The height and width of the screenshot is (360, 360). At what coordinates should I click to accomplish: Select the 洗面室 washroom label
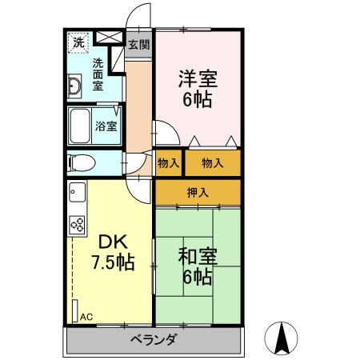coord(98,74)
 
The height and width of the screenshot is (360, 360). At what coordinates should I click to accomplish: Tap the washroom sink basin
coord(74,86)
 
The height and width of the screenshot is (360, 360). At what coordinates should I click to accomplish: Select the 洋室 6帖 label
coord(197,90)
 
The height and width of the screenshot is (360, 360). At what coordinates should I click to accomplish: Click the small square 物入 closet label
coord(168,163)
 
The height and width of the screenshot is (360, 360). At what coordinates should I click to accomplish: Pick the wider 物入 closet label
coord(212,163)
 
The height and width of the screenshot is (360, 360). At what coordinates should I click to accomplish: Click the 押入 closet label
coord(197,191)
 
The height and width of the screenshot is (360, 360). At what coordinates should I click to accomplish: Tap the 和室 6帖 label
coord(196,266)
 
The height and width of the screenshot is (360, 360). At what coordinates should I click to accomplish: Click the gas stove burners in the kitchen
coord(78,226)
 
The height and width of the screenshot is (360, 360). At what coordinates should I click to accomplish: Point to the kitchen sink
coord(77,193)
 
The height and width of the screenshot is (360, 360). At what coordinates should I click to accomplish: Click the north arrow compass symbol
coord(282,338)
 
